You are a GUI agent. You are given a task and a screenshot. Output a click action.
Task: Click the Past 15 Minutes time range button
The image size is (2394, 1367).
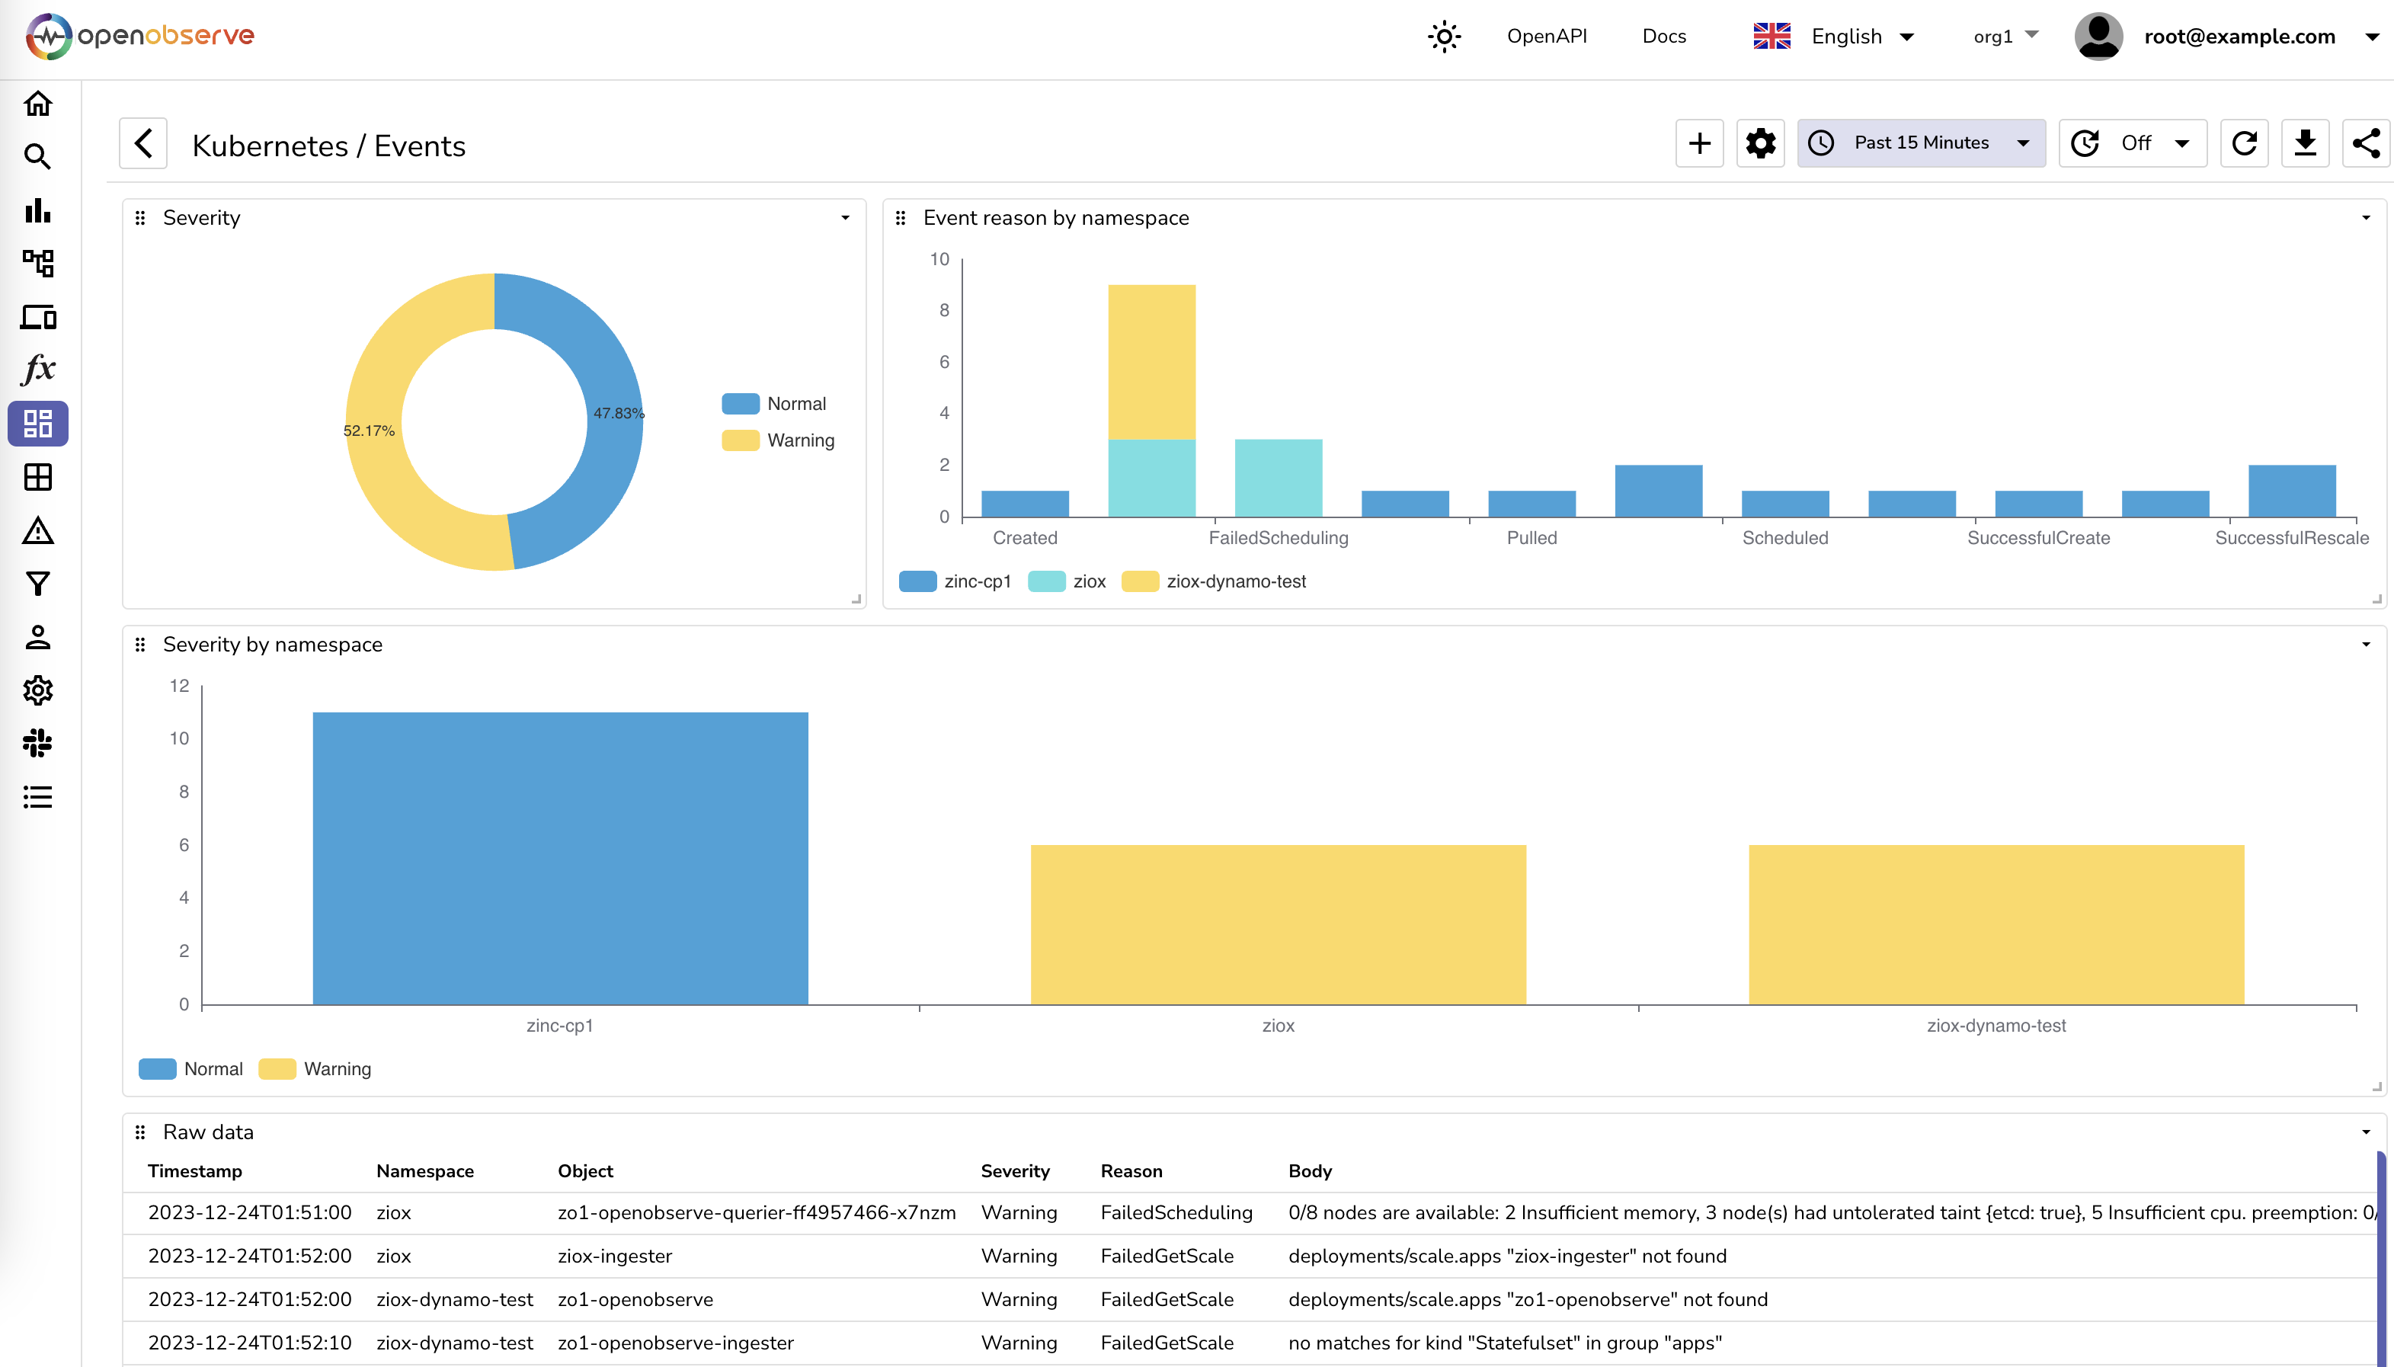point(1920,142)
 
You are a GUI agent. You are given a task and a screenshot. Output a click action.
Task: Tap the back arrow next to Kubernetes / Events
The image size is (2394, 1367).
point(142,144)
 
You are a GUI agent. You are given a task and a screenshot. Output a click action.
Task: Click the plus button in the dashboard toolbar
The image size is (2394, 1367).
point(1698,144)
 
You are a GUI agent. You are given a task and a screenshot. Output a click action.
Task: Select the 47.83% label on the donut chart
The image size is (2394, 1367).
point(618,413)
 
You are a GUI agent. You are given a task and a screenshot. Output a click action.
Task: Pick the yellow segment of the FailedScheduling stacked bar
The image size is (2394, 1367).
point(1151,361)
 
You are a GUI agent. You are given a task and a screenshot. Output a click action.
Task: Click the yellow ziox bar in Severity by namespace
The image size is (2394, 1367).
point(1278,925)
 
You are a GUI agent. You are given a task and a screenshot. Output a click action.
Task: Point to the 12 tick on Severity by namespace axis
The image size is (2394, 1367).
point(179,687)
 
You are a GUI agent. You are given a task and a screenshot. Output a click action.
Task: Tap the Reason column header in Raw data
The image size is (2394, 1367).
point(1131,1170)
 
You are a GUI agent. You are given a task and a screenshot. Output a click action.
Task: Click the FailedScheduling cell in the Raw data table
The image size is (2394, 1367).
point(1176,1212)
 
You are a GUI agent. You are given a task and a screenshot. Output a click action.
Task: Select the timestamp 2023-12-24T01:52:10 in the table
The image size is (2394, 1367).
point(250,1343)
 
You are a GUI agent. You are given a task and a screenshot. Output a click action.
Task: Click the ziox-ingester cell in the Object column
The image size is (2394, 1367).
point(615,1257)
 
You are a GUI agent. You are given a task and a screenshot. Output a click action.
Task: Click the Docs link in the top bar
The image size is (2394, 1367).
point(1663,37)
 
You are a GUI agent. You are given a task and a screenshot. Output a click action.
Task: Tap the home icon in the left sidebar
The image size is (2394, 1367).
point(37,104)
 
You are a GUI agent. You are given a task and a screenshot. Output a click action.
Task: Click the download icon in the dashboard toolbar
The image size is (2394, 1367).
point(2305,144)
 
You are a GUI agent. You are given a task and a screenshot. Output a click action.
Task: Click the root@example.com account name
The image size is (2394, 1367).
point(2239,37)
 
